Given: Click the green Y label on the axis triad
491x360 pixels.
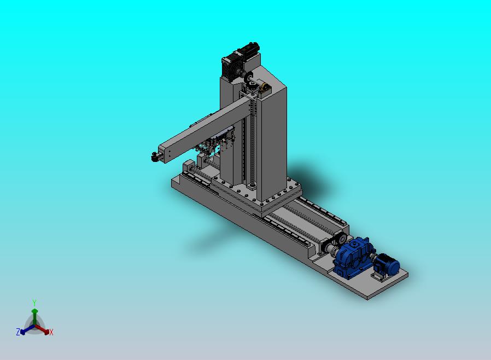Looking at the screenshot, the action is pos(34,303).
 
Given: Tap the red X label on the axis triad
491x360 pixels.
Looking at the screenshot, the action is pos(51,332).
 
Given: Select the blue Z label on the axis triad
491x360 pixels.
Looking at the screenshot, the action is pos(18,332).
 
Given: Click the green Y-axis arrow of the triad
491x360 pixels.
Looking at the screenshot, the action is pos(34,317).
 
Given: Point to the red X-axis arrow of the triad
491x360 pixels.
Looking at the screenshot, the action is pos(42,329).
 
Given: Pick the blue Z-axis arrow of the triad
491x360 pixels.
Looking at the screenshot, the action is pos(27,329).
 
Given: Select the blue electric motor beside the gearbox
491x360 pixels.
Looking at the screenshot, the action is pos(387,264).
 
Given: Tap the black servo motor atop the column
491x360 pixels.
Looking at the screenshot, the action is pos(240,61).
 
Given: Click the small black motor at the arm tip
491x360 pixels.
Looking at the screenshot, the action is pos(155,156).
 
